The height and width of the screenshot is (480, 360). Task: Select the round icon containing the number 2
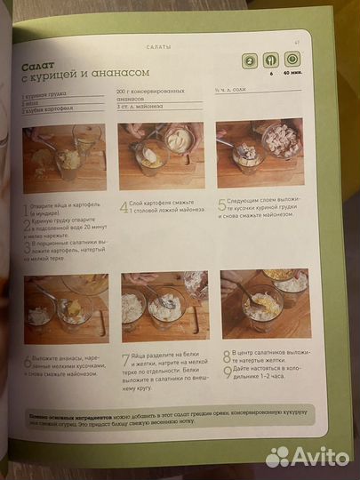click(250, 61)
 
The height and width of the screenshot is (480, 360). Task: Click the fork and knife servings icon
click(270, 61)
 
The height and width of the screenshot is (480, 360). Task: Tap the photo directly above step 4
click(156, 156)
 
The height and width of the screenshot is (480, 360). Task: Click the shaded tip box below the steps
click(160, 417)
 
